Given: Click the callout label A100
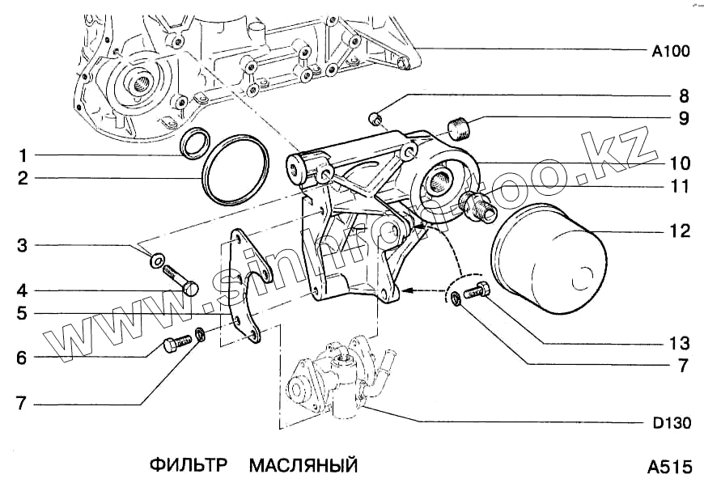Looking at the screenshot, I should click(x=670, y=51).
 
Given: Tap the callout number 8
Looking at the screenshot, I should click(x=684, y=95).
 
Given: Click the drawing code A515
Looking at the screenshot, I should click(x=669, y=467).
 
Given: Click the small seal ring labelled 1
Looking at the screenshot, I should click(x=193, y=145).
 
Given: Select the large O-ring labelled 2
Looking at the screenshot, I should click(x=235, y=173).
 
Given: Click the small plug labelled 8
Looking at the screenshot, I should click(x=375, y=119).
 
